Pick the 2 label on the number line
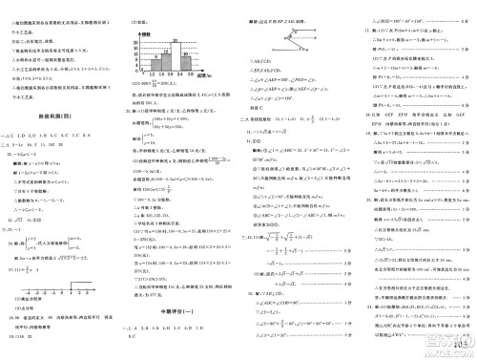pos(79,292)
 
